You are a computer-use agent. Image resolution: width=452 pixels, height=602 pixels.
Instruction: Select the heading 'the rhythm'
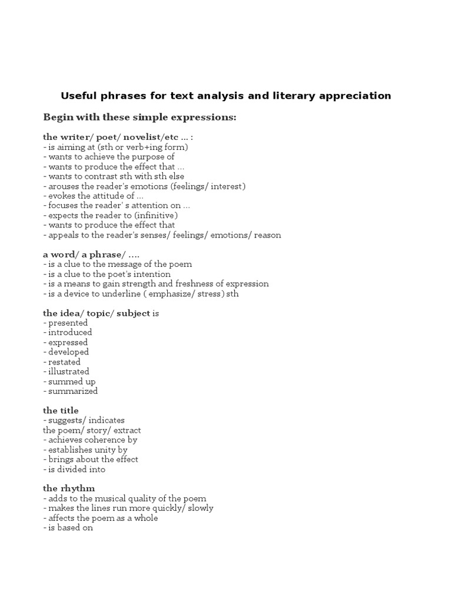[x=69, y=489]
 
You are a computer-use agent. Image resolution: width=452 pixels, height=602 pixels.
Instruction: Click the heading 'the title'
[x=61, y=410]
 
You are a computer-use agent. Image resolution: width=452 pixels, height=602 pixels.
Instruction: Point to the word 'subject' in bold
[x=134, y=313]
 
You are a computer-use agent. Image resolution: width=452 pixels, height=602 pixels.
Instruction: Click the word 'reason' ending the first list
[x=268, y=235]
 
